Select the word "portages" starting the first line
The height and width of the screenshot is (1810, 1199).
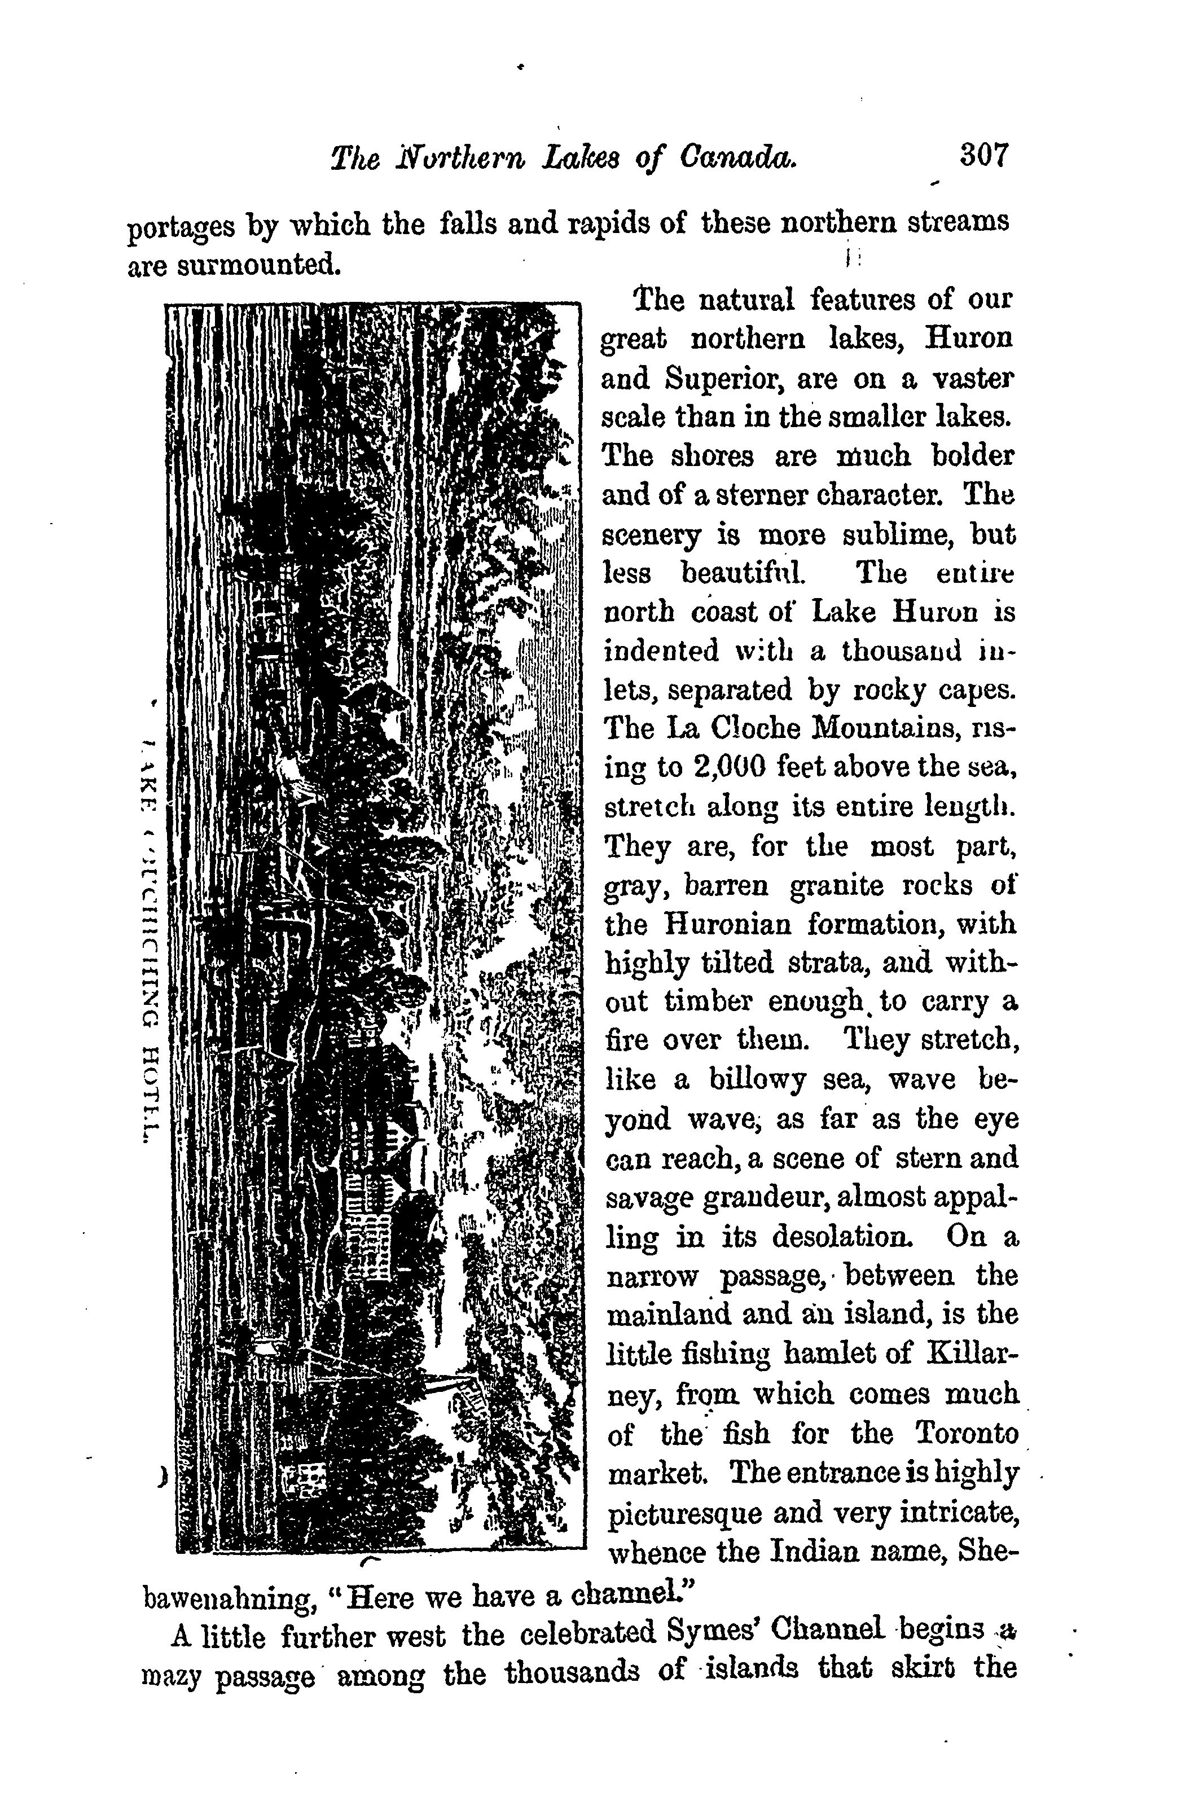(x=181, y=228)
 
